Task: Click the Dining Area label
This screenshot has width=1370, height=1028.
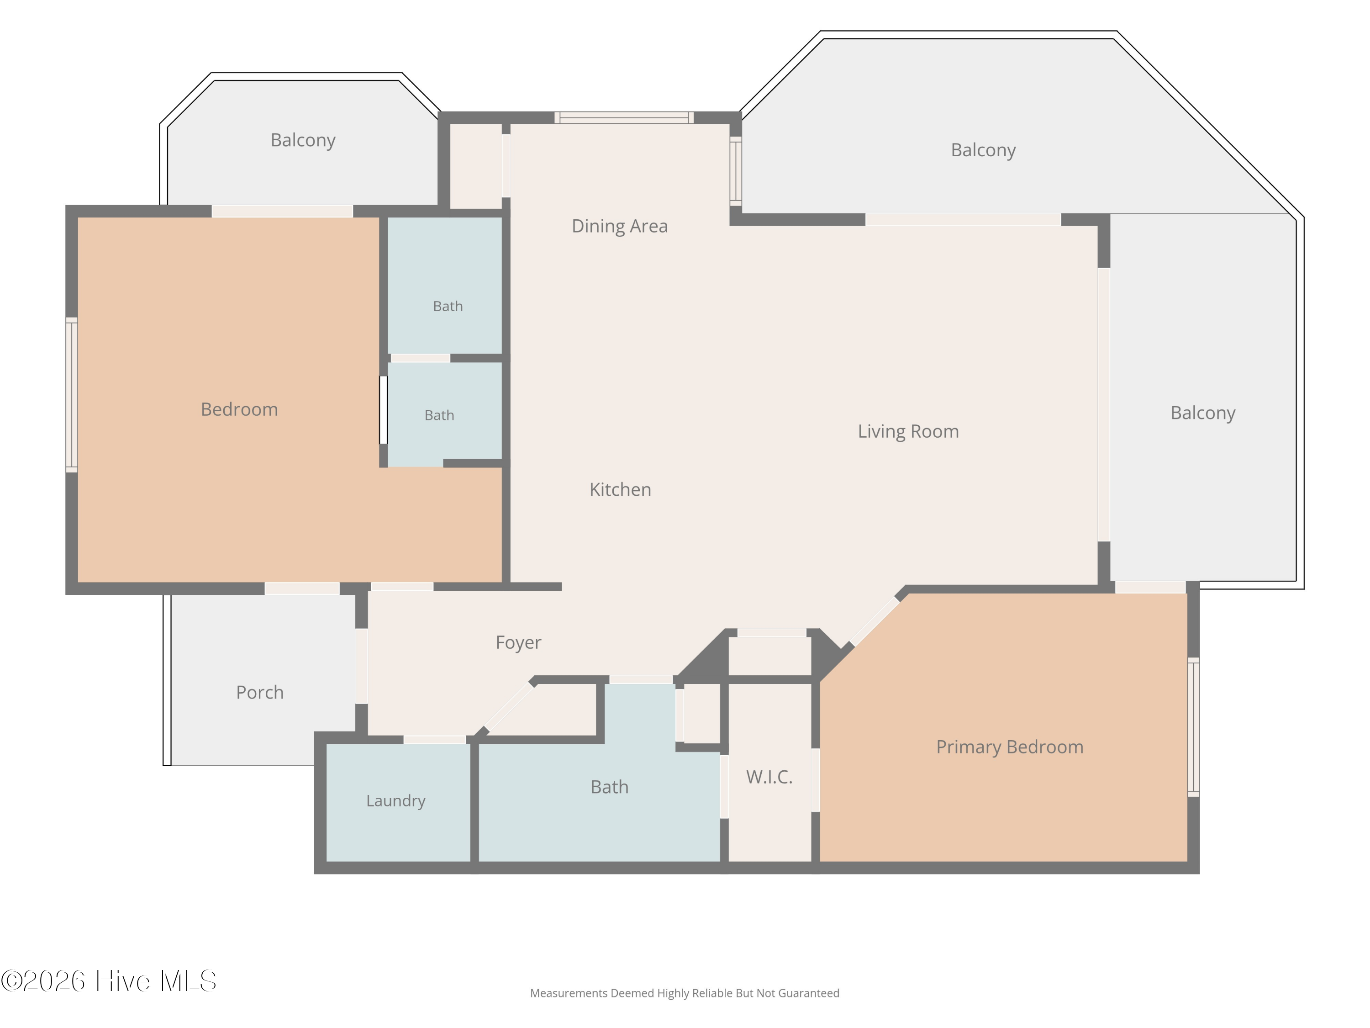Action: (x=619, y=226)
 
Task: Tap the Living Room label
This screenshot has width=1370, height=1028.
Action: (x=908, y=431)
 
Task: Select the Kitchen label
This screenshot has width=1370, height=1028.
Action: (x=620, y=489)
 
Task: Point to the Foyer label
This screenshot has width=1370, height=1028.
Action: (x=518, y=642)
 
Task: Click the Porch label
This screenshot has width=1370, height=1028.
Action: (x=259, y=692)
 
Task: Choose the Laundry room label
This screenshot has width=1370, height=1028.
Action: (x=396, y=800)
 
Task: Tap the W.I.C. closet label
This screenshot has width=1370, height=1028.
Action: (x=769, y=777)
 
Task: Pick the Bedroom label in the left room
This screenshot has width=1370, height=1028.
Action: (x=239, y=409)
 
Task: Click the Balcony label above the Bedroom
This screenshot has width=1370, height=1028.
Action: (x=303, y=141)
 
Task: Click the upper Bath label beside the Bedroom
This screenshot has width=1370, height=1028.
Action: (x=448, y=306)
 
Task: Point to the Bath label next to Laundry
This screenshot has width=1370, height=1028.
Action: (x=610, y=787)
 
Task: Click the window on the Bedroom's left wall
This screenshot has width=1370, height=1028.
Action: (x=72, y=395)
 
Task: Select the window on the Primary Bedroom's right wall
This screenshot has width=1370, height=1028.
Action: (x=1193, y=727)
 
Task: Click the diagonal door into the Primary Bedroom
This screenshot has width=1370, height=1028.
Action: (x=875, y=621)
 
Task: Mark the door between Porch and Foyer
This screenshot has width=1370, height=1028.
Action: (x=362, y=666)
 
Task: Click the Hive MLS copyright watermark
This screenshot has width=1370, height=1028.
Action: (x=108, y=981)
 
